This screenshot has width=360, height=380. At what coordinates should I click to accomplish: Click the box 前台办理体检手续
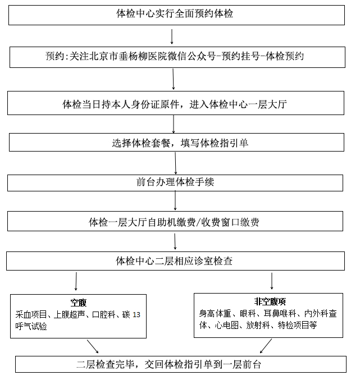pyautogui.click(x=175, y=182)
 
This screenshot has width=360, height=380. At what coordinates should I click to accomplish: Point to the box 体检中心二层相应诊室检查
pyautogui.click(x=175, y=261)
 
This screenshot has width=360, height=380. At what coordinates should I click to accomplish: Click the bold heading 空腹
pyautogui.click(x=78, y=302)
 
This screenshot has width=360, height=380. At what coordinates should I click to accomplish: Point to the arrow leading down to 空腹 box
pyautogui.click(x=76, y=281)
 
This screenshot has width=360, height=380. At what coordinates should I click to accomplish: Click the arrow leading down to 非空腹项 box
pyautogui.click(x=272, y=280)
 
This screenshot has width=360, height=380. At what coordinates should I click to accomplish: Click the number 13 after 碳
pyautogui.click(x=136, y=315)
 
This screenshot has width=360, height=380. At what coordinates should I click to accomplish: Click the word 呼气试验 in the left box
pyautogui.click(x=31, y=326)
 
